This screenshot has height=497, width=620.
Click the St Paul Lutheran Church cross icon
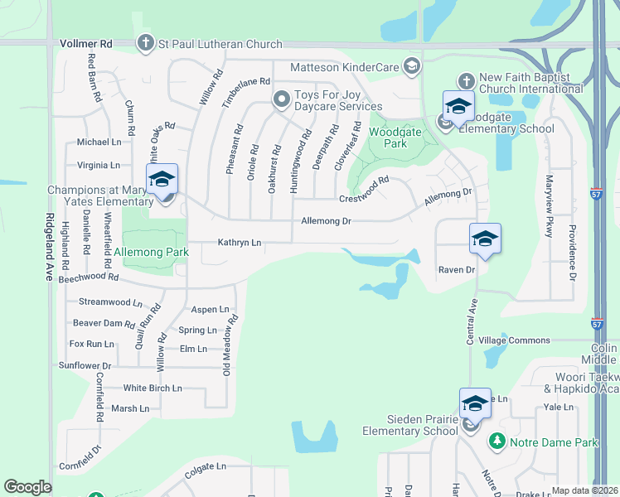146,43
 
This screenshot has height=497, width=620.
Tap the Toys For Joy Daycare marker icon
281,100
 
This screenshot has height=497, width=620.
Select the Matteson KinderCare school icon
412,66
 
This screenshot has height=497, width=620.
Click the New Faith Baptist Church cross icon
466,81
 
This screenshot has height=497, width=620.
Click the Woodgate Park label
389,138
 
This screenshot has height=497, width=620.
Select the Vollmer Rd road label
85,43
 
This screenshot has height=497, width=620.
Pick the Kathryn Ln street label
240,243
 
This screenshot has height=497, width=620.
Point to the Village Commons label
514,340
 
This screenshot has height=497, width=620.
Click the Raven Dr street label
457,270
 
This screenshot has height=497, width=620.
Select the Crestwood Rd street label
364,191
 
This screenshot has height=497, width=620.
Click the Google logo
27,487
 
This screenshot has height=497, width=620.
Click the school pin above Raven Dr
485,240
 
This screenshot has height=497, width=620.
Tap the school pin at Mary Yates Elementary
162,181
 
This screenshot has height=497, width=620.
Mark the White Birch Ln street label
152,388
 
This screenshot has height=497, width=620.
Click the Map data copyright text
584,490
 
